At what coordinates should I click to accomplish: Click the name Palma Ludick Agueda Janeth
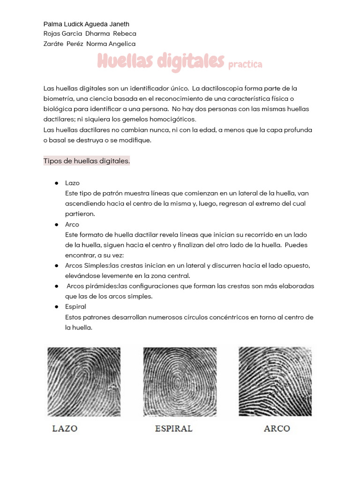pos(86,24)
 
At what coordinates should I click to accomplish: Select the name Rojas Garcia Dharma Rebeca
pos(90,34)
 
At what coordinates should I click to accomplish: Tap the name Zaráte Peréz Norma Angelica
pos(89,44)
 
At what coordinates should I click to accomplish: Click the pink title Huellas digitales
pos(161,61)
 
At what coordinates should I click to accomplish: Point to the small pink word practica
pos(245,65)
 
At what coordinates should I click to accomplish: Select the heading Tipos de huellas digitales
pos(87,161)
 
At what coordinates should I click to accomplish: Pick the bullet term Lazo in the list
pos(72,183)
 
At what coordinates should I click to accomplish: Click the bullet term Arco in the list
pos(72,224)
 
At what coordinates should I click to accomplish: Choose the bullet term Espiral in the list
pos(75,307)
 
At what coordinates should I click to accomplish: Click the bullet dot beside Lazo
pos(56,183)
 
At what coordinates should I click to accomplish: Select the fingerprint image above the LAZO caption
pos(84,382)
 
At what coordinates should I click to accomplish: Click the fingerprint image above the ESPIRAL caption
pos(180,382)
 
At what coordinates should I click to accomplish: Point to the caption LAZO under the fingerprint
pos(65,428)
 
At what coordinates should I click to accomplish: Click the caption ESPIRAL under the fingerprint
pos(173,428)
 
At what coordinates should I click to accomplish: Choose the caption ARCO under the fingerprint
pos(277,428)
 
